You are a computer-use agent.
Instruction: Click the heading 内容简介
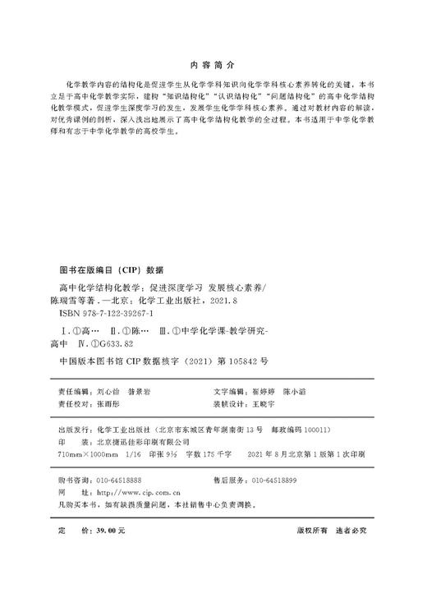(x=213, y=63)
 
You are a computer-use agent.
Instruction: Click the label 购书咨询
(x=68, y=479)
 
